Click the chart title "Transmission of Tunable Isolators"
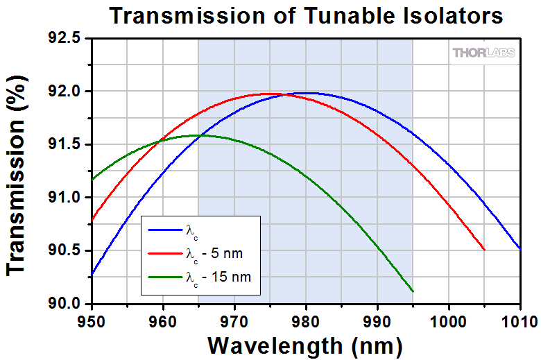tap(305, 15)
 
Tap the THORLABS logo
tap(484, 53)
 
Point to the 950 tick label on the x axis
tap(91, 320)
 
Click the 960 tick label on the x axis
tap(162, 320)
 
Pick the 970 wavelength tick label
tap(234, 320)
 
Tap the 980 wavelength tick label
tap(305, 320)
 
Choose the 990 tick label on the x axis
tap(377, 320)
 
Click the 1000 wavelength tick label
tap(448, 320)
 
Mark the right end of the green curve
tap(413, 291)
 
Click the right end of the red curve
tap(484, 250)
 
